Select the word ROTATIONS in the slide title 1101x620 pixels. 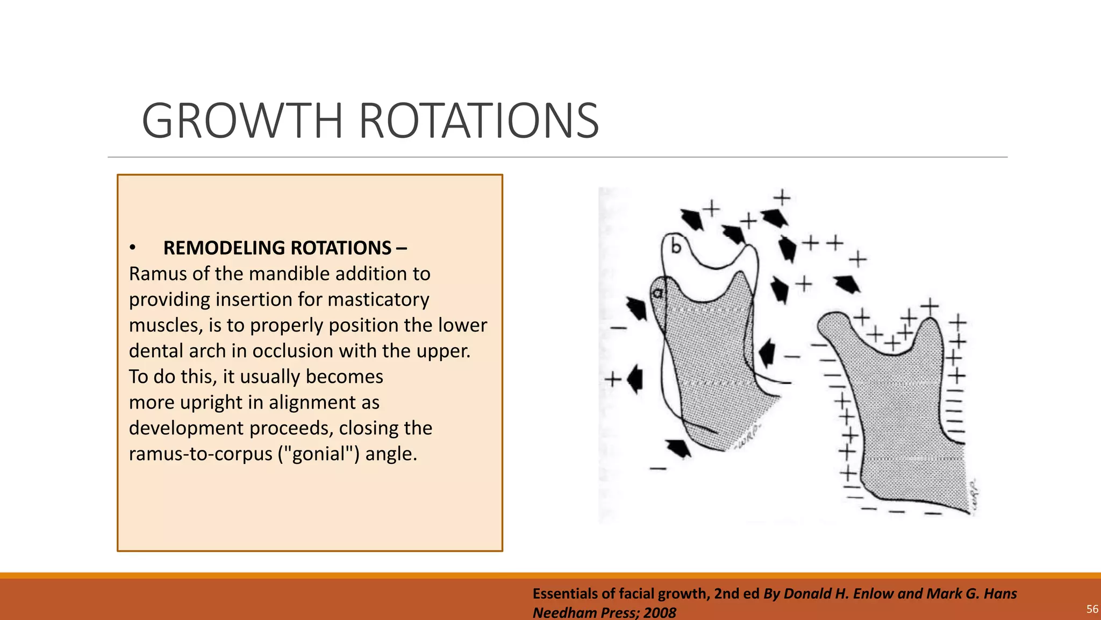478,121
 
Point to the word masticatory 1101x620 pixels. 378,300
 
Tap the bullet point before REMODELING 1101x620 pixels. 132,248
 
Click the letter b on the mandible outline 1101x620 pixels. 676,246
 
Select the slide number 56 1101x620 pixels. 1092,609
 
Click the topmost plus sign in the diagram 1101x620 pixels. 782,198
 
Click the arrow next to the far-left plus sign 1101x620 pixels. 635,379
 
